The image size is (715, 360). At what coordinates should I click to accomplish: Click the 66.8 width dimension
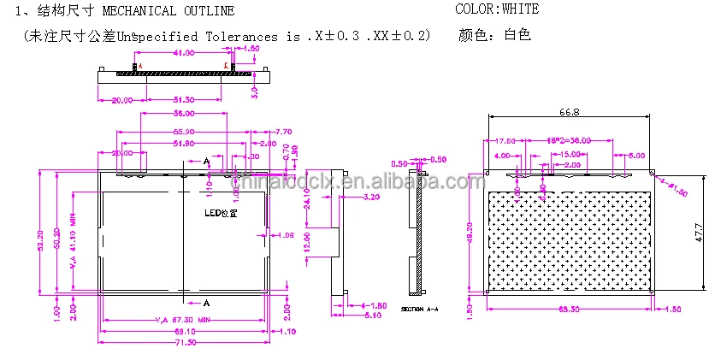click(x=570, y=111)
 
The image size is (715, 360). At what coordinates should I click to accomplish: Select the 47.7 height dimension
click(x=698, y=231)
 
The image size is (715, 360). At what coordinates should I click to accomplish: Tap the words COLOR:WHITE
click(x=496, y=10)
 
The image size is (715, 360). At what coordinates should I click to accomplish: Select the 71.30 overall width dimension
click(x=185, y=342)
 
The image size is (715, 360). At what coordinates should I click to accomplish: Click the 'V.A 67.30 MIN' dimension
click(x=180, y=320)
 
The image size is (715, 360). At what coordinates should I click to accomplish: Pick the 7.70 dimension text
click(x=285, y=131)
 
